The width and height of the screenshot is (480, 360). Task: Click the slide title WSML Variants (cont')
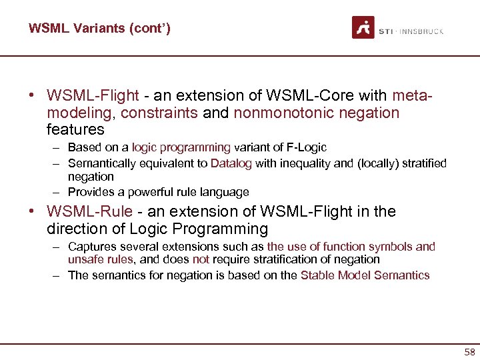click(99, 29)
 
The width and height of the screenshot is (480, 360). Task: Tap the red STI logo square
click(363, 27)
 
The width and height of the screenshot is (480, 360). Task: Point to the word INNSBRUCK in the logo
click(421, 31)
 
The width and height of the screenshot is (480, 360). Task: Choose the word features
click(75, 129)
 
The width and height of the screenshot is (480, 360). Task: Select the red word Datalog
click(231, 163)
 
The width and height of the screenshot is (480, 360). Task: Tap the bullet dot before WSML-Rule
click(32, 212)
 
